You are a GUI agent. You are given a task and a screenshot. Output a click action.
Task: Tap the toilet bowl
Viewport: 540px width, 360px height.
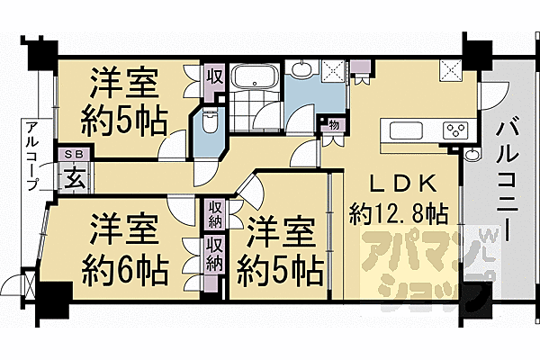(209, 121)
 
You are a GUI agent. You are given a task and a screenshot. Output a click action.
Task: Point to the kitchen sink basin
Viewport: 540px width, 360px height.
(406, 130)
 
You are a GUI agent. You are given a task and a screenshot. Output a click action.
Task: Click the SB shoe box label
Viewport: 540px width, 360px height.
(75, 154)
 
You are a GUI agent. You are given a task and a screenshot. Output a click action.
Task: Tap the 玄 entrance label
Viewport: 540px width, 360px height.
(75, 178)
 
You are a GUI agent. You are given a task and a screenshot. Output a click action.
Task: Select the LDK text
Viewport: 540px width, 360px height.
(403, 184)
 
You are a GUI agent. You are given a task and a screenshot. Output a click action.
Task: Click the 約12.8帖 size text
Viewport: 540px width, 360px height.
(399, 214)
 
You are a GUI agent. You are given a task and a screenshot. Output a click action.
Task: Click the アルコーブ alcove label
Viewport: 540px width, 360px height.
(34, 157)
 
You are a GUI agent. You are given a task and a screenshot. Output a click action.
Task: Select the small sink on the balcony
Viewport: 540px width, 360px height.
(472, 154)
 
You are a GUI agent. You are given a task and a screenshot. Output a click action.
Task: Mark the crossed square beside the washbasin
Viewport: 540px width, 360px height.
(333, 71)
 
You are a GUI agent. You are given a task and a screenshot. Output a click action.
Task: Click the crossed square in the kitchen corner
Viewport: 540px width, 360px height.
(451, 71)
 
